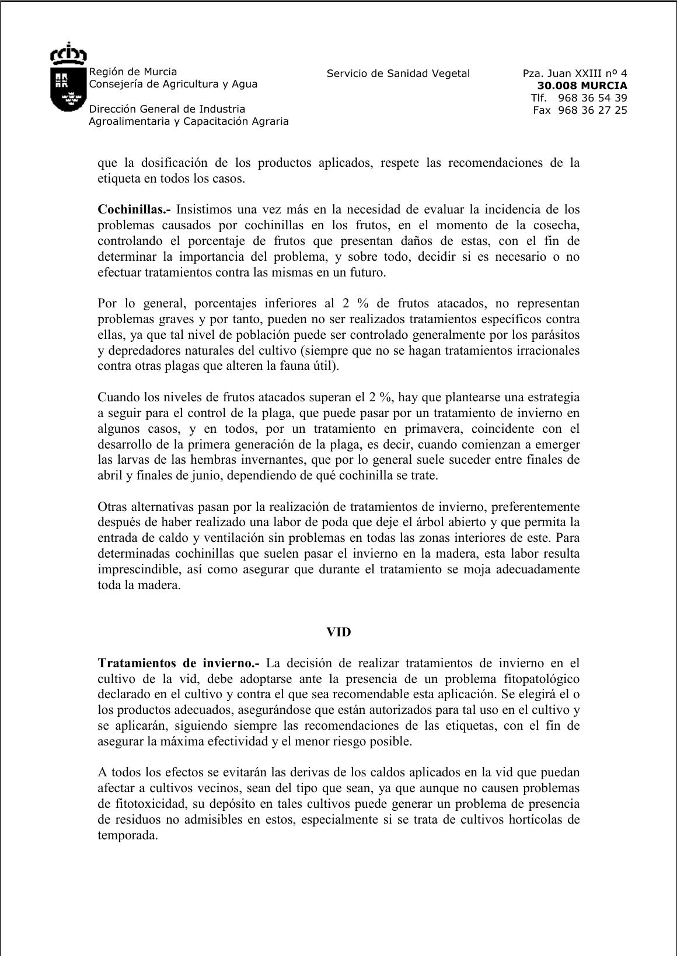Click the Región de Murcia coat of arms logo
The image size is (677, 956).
pos(68,77)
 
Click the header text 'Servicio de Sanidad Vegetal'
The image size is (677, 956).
pos(398,73)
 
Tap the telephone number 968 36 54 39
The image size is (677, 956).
pos(592,98)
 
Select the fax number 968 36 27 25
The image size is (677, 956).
pos(592,110)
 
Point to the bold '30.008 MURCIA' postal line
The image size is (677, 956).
pos(582,86)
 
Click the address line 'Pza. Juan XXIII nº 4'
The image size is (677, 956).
pos(575,73)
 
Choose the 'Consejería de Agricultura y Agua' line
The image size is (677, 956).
pos(173,84)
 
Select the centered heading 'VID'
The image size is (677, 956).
pos(338,632)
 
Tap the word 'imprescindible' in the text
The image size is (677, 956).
pos(136,569)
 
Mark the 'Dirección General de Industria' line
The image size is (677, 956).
pos(167,109)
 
